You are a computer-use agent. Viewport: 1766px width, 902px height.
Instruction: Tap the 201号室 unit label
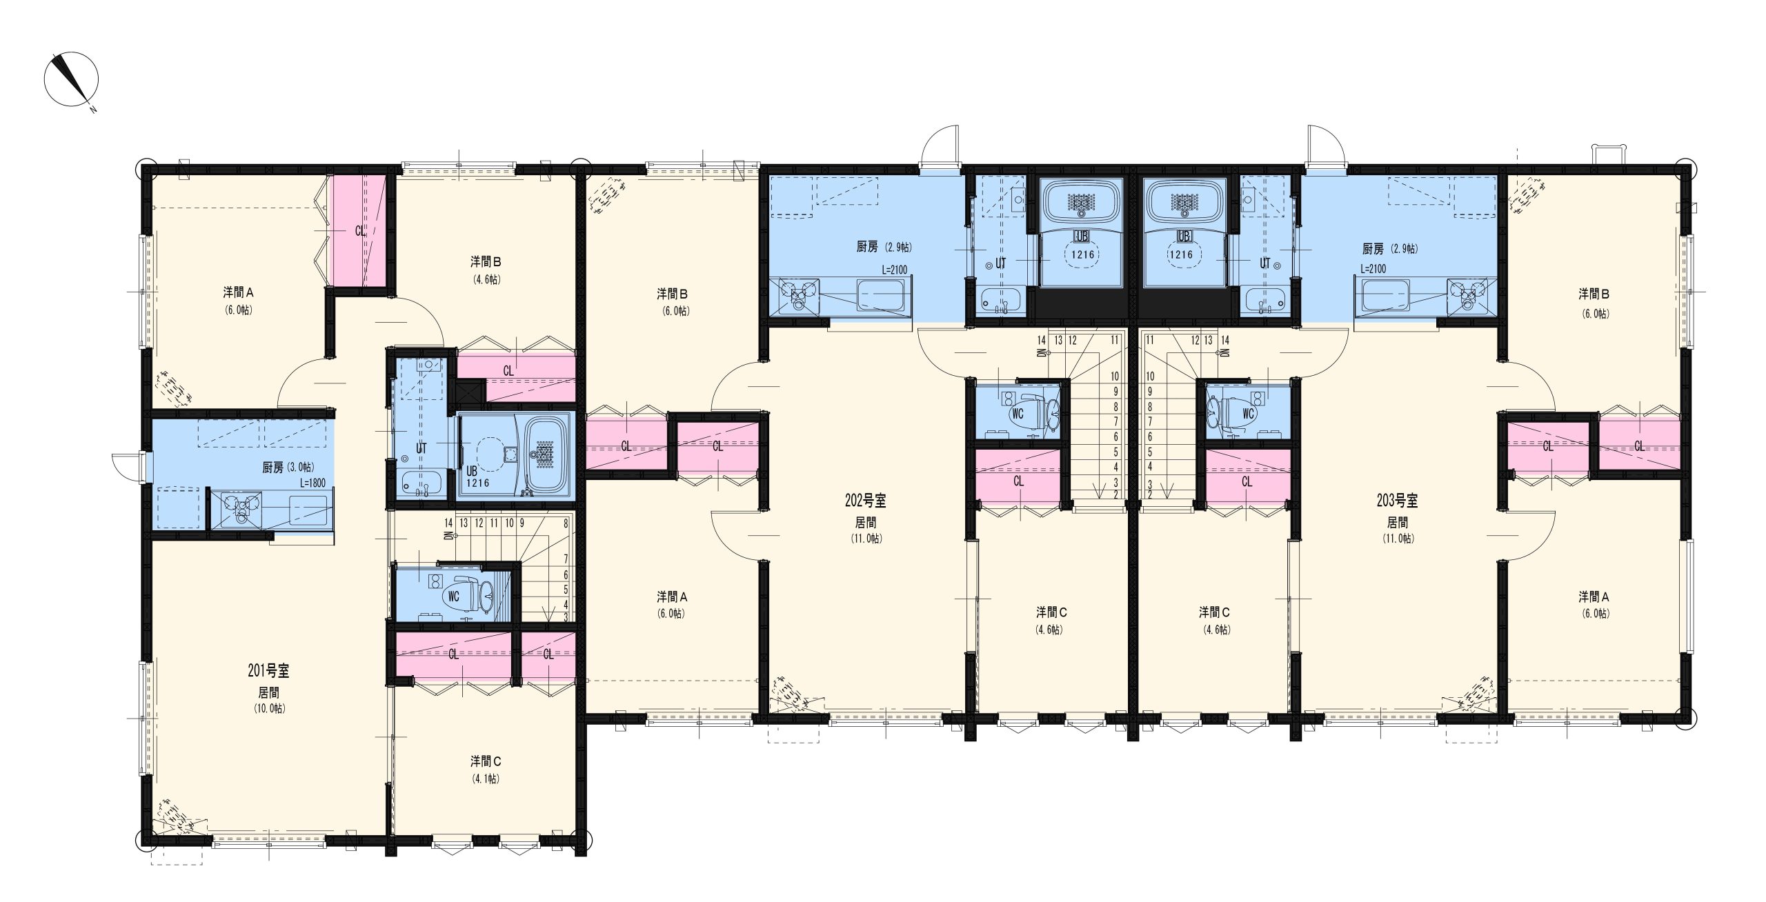[x=268, y=670]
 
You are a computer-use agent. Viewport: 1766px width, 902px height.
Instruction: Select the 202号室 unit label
[x=866, y=501]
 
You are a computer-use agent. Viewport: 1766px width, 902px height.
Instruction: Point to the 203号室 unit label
[x=1397, y=501]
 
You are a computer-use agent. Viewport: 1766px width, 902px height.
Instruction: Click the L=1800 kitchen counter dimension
[x=312, y=483]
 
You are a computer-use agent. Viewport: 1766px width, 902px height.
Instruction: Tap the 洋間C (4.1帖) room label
[x=486, y=770]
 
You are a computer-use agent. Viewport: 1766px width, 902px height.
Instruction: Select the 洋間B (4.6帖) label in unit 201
[x=486, y=270]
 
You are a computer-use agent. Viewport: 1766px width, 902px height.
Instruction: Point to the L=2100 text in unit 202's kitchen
[x=895, y=269]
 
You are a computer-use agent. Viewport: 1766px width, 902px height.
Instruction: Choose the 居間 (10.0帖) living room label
[x=269, y=701]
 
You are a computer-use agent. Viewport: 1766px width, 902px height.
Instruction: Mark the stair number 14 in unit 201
[x=449, y=523]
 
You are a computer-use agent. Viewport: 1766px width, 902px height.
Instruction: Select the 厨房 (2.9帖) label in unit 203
[x=1390, y=249]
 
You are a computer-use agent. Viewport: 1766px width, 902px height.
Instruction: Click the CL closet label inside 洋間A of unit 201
[x=361, y=231]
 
